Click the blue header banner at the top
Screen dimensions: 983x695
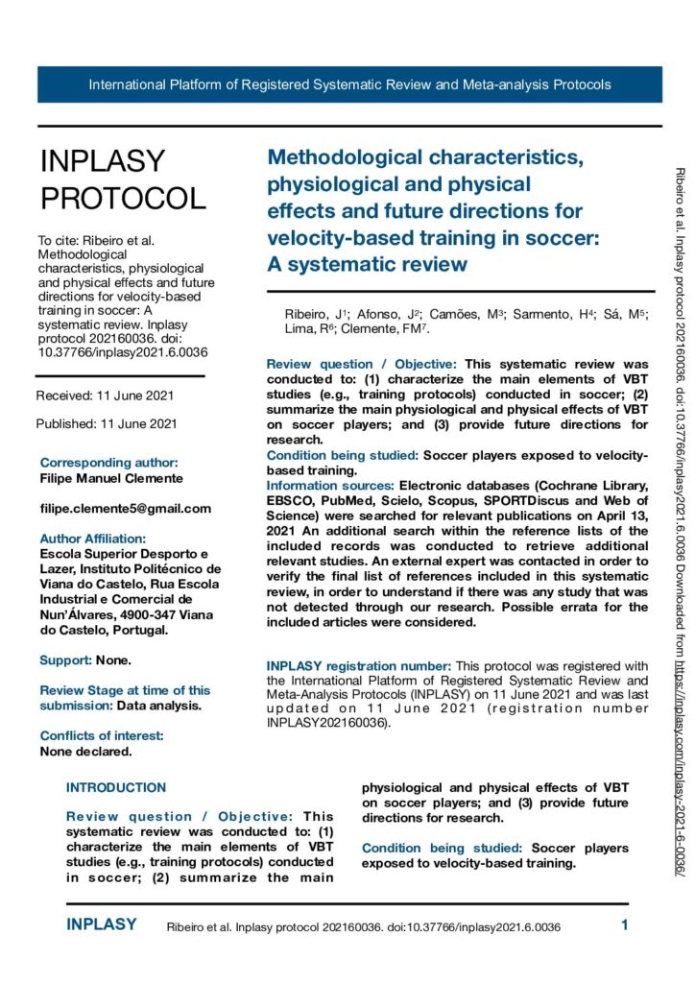pos(349,84)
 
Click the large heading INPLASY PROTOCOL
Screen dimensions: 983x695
pos(122,180)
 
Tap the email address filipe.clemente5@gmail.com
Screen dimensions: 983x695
pos(126,509)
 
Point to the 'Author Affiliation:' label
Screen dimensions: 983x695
pos(93,539)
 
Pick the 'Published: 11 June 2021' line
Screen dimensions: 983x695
pos(94,424)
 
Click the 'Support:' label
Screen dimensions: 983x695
pos(65,660)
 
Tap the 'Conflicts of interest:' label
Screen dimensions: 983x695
pos(102,736)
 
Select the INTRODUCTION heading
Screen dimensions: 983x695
pos(116,788)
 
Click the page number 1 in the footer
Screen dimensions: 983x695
pos(624,925)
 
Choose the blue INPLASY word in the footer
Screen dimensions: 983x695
pos(102,925)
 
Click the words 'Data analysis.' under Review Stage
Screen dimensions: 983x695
pos(159,706)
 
